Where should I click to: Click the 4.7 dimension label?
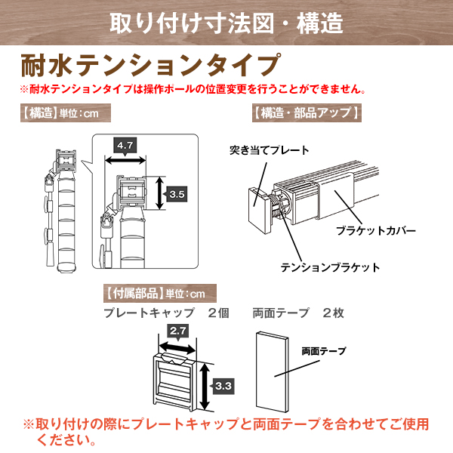tap(125, 145)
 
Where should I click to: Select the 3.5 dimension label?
tap(177, 194)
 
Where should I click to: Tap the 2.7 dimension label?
tap(178, 331)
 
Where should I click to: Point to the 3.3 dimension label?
tap(223, 386)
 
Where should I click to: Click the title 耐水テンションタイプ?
tap(150, 65)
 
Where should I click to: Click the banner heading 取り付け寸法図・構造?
tap(226, 23)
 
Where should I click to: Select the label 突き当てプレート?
tap(270, 150)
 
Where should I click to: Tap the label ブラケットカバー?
tap(376, 230)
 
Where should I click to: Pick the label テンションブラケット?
tap(330, 267)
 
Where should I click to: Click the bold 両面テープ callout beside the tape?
tap(324, 351)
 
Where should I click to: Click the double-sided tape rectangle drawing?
tap(273, 371)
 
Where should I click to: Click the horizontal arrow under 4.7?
tap(125, 160)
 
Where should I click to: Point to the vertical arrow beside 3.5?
tap(160, 193)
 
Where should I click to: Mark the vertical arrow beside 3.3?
tap(205, 387)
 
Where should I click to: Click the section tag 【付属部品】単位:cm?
tap(160, 293)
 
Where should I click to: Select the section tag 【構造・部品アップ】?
tap(307, 112)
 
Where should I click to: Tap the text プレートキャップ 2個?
tap(166, 313)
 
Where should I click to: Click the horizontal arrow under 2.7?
tap(178, 347)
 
